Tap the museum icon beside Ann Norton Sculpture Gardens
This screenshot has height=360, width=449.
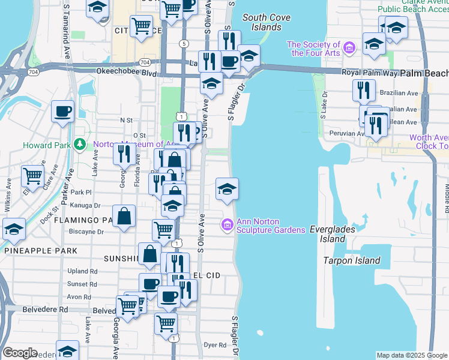228,226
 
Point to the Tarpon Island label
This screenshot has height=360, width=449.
352,260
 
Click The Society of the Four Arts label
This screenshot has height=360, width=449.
313,49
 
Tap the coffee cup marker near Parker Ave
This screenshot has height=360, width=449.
62,111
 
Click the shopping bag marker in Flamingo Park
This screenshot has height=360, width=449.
123,217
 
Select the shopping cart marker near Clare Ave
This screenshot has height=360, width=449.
32,175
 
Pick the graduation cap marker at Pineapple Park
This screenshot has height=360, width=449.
14,229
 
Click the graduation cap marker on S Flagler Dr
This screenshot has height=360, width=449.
226,188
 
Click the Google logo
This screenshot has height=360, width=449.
20,353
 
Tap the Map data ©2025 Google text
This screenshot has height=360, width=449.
411,355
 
